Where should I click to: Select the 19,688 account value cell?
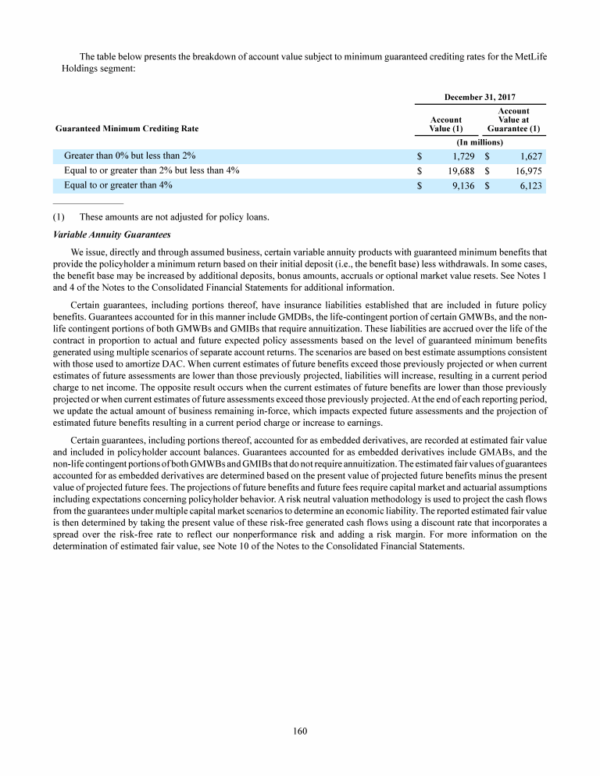(460, 170)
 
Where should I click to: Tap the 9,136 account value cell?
(462, 186)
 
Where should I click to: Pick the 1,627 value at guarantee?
(530, 156)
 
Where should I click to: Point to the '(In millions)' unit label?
(479, 141)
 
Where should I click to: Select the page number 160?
(300, 731)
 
